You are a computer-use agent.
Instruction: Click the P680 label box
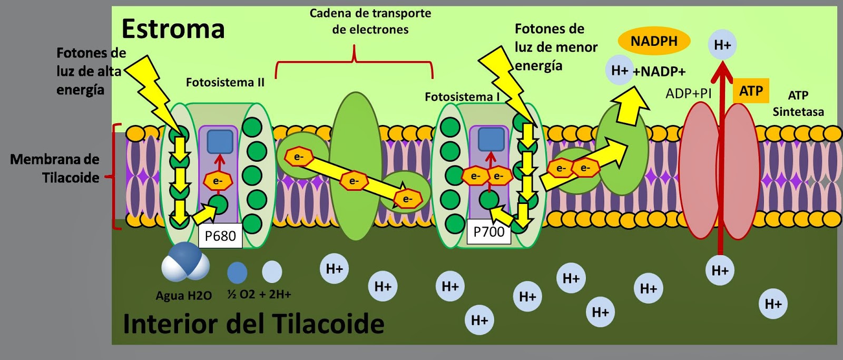(x=220, y=236)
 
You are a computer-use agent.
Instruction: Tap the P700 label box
(x=489, y=231)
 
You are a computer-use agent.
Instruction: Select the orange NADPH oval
(x=654, y=41)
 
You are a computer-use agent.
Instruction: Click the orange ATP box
(x=751, y=91)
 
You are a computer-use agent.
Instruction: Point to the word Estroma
(x=173, y=29)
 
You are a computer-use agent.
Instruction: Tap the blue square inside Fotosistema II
(x=220, y=141)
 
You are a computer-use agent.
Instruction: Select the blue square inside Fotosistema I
(x=491, y=139)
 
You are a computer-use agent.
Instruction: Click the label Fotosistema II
(x=225, y=82)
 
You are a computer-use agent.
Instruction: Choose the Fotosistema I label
(x=462, y=97)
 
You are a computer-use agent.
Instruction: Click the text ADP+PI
(x=689, y=93)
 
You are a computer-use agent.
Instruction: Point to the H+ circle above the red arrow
(x=722, y=45)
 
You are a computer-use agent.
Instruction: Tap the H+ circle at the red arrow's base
(x=720, y=270)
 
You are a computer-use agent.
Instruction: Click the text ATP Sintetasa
(x=798, y=103)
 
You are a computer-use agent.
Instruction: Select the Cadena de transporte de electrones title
(x=370, y=21)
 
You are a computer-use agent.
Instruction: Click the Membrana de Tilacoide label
(x=55, y=168)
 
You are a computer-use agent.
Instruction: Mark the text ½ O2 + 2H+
(x=259, y=294)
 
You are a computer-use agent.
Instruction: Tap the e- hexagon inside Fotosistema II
(x=217, y=181)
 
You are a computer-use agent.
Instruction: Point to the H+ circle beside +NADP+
(x=620, y=70)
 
